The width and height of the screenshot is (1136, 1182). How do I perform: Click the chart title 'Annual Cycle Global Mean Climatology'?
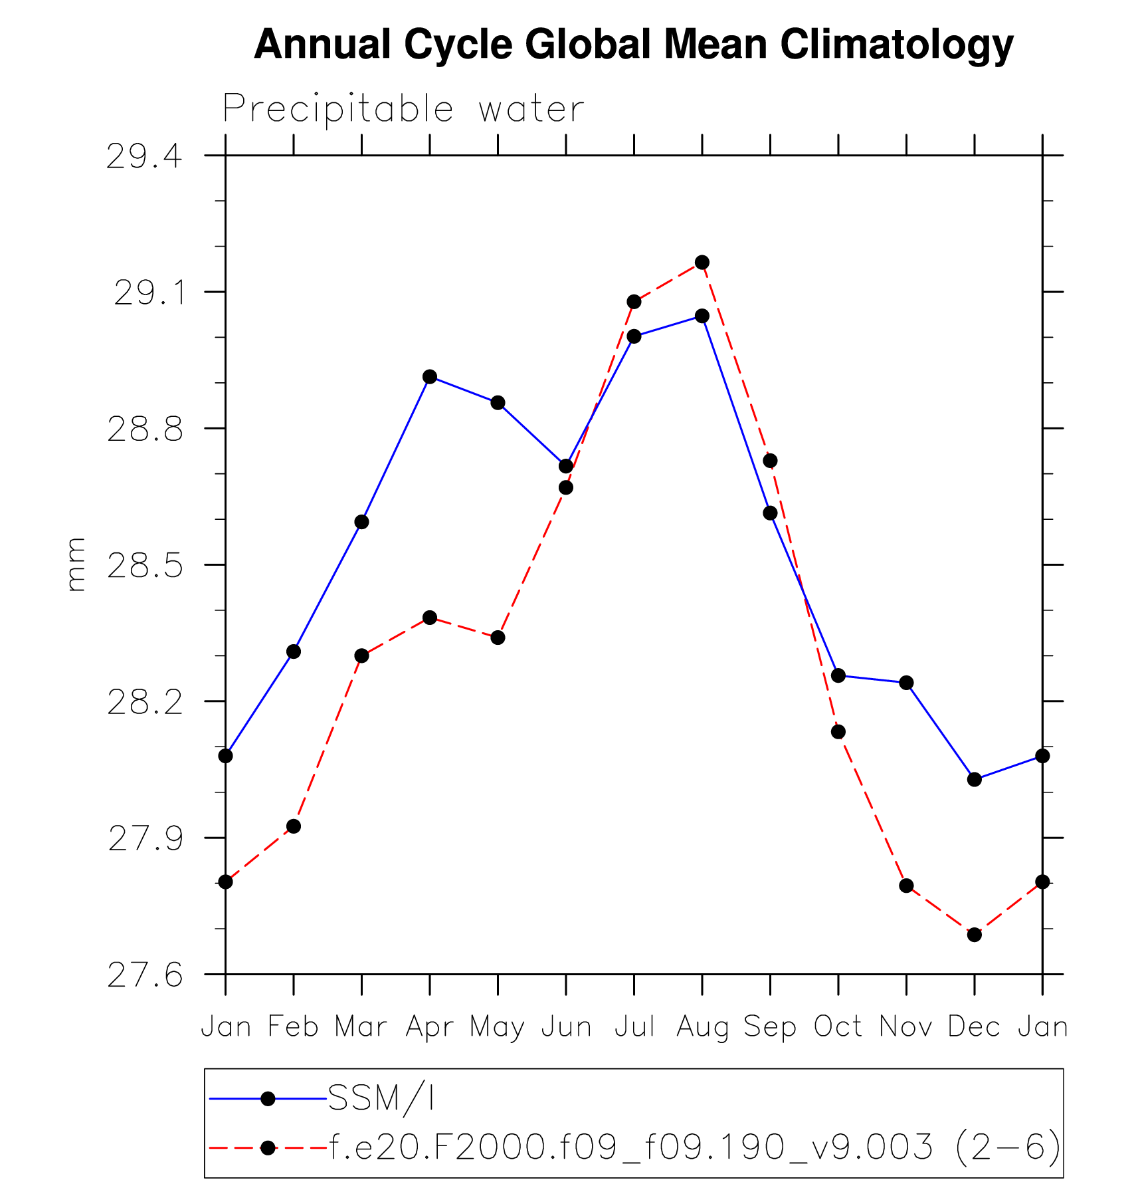[633, 45]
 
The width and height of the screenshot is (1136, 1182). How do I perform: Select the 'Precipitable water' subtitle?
[403, 109]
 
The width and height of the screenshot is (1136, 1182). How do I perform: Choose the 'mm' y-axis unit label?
[76, 564]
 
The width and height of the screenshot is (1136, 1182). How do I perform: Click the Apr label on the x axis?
[430, 1027]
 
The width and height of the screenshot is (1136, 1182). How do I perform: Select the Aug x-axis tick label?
[702, 1027]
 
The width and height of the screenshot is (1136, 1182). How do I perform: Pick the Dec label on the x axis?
[974, 1027]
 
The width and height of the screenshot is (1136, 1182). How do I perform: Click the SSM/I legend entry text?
[381, 1098]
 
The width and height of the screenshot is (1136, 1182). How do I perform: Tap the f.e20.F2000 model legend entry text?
[694, 1147]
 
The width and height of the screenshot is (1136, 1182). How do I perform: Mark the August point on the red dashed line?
[702, 263]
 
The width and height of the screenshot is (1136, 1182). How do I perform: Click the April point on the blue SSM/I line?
[430, 377]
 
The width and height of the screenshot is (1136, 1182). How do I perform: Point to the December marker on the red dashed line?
[975, 935]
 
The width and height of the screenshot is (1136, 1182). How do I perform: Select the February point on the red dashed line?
[294, 826]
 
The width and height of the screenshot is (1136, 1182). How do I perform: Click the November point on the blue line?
[906, 683]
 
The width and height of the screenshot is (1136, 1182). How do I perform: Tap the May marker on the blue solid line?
[498, 403]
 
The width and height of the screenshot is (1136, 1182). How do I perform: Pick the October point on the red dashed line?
[838, 732]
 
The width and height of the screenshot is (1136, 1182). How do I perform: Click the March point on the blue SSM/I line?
[361, 522]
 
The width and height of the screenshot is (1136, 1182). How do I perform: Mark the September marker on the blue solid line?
[770, 513]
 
